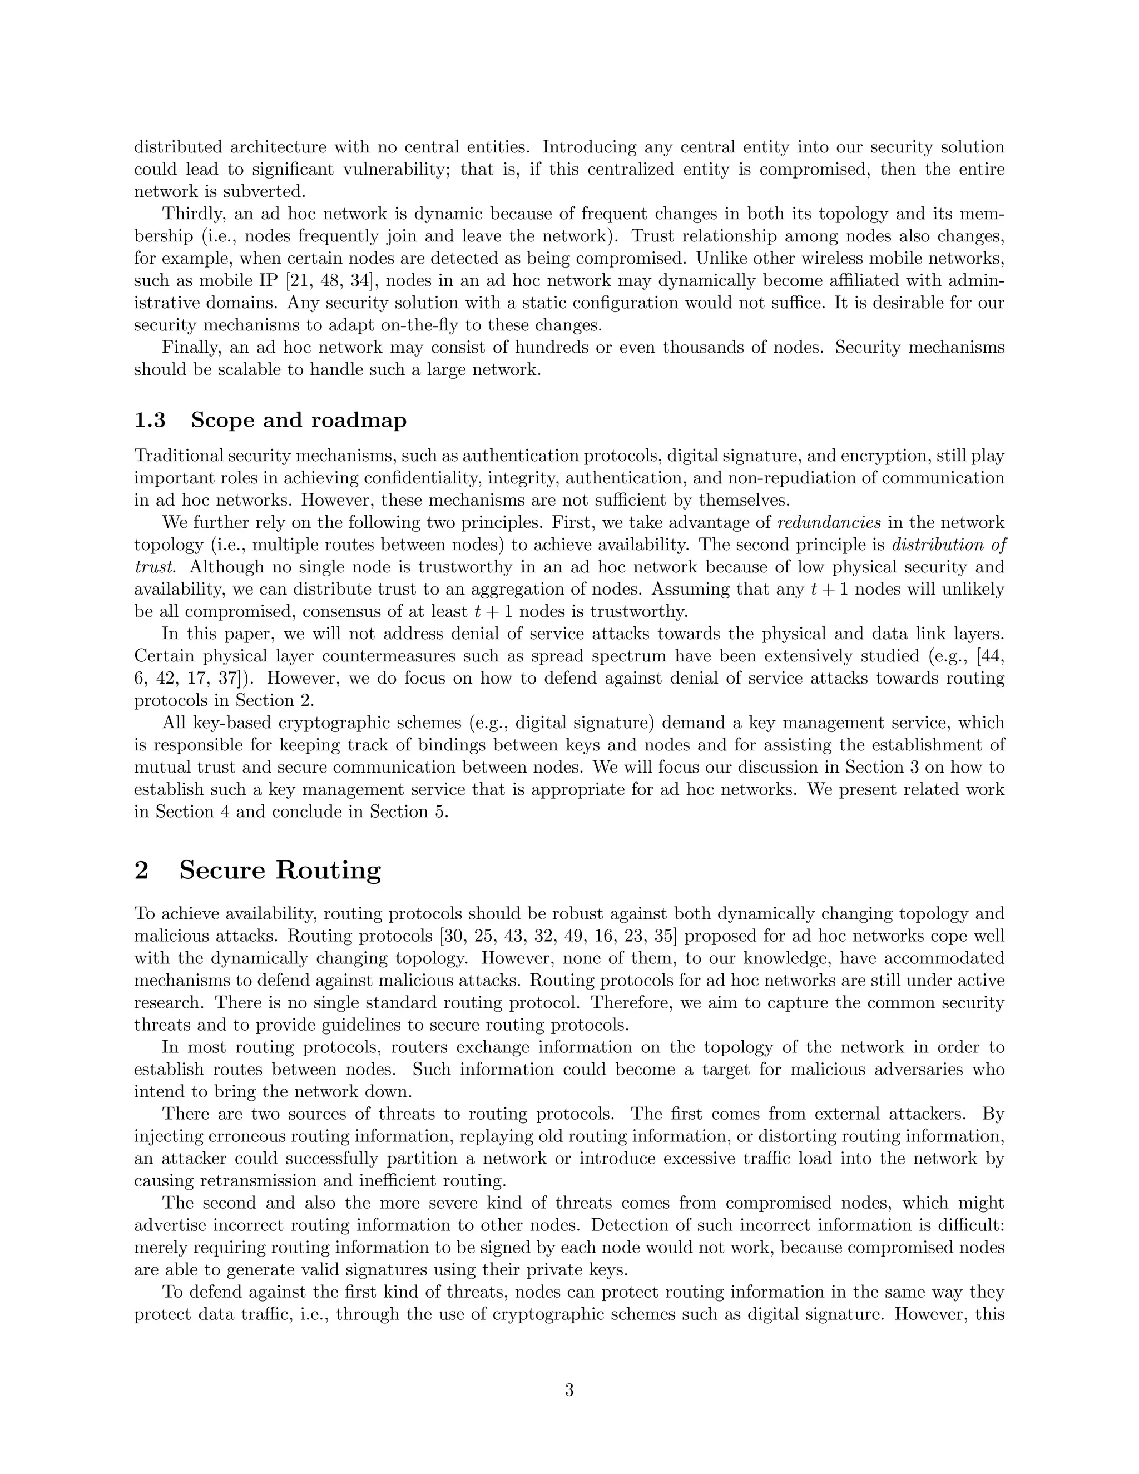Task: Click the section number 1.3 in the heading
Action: pyautogui.click(x=150, y=420)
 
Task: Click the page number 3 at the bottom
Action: pyautogui.click(x=569, y=1391)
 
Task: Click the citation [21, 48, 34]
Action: pyautogui.click(x=318, y=280)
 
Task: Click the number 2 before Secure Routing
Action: pyautogui.click(x=142, y=870)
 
